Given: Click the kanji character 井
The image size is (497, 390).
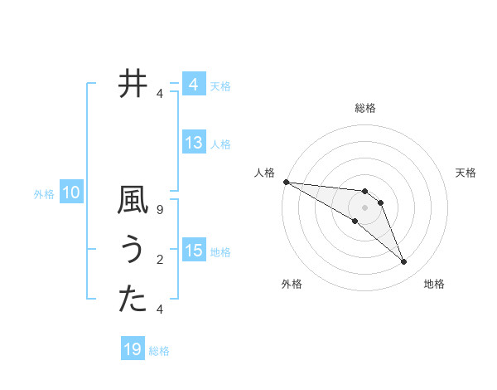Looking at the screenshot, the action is (133, 84).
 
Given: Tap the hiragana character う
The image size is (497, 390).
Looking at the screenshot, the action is (133, 251).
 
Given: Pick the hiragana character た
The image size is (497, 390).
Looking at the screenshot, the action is (133, 300).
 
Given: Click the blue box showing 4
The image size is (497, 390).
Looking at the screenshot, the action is (194, 85).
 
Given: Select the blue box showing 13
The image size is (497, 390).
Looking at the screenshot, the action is (194, 143).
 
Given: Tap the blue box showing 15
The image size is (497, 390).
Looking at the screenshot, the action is (194, 251).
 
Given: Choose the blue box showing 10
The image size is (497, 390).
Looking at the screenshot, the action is (71, 193).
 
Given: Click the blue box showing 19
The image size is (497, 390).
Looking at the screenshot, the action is (133, 349).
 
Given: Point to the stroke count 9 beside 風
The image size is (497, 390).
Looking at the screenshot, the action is (160, 211).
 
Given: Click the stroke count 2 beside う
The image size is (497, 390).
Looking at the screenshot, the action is (160, 261).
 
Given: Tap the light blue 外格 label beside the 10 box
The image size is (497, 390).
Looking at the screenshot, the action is (44, 194).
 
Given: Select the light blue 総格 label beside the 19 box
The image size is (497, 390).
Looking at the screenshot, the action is (159, 351).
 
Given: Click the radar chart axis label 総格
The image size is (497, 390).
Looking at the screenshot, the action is (365, 108).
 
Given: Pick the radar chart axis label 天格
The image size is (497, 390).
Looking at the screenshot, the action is (466, 173).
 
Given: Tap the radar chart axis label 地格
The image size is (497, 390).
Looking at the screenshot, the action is (434, 284).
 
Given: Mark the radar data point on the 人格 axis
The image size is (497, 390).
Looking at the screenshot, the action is (286, 182).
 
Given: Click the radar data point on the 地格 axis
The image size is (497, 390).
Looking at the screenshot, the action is (404, 262).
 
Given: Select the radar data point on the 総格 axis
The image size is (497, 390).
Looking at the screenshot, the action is (365, 192).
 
